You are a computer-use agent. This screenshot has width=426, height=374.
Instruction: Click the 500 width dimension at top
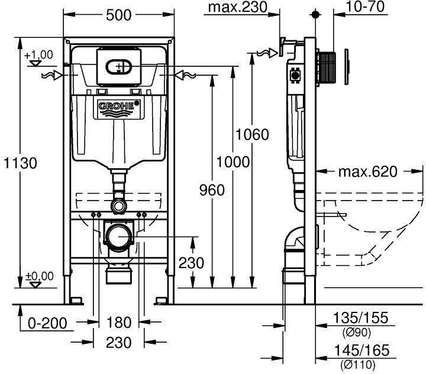(118, 16)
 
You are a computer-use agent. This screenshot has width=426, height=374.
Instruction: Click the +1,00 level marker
(39, 55)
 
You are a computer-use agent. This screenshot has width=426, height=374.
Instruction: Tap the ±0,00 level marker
(39, 276)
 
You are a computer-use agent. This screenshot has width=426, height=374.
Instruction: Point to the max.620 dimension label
(367, 172)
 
